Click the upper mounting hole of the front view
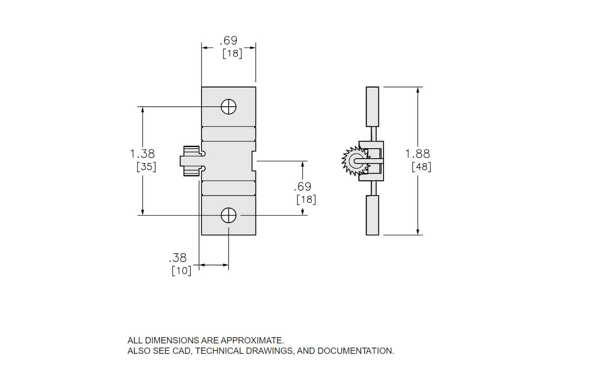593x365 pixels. click(228, 107)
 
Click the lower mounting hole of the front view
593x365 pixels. click(228, 216)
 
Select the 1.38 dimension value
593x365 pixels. click(142, 154)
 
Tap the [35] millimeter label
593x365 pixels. click(146, 167)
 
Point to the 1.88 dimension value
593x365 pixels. click(418, 154)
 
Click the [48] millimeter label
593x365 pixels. click(421, 167)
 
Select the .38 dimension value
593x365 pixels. click(177, 257)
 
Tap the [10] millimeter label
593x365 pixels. click(182, 270)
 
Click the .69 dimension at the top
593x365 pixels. click(228, 40)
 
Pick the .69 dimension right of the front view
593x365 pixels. click(302, 186)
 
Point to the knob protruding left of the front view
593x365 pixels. click(190, 161)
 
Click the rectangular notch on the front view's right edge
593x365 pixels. click(253, 161)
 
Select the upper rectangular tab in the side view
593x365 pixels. click(372, 107)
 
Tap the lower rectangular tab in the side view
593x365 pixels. click(372, 215)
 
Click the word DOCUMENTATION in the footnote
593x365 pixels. click(355, 350)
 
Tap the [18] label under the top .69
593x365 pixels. click(232, 53)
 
